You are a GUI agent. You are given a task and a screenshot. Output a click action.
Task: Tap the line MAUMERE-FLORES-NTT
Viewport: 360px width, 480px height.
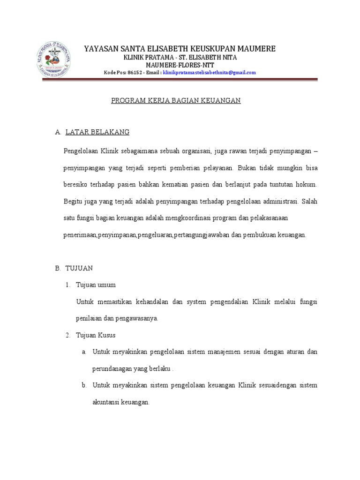180,65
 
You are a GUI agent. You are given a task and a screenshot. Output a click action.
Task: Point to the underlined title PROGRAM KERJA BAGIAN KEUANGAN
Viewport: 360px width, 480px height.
176,101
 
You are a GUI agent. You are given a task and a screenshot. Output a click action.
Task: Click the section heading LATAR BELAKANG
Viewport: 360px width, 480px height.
97,133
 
